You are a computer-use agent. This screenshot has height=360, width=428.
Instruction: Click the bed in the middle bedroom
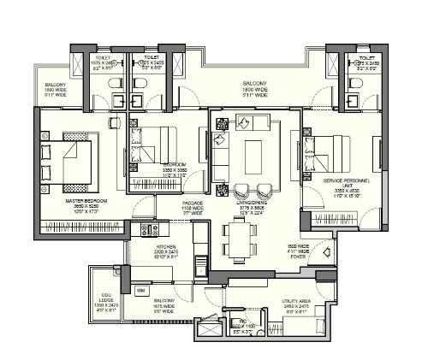click(155, 140)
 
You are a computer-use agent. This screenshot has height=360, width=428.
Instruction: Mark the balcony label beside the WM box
click(165, 305)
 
